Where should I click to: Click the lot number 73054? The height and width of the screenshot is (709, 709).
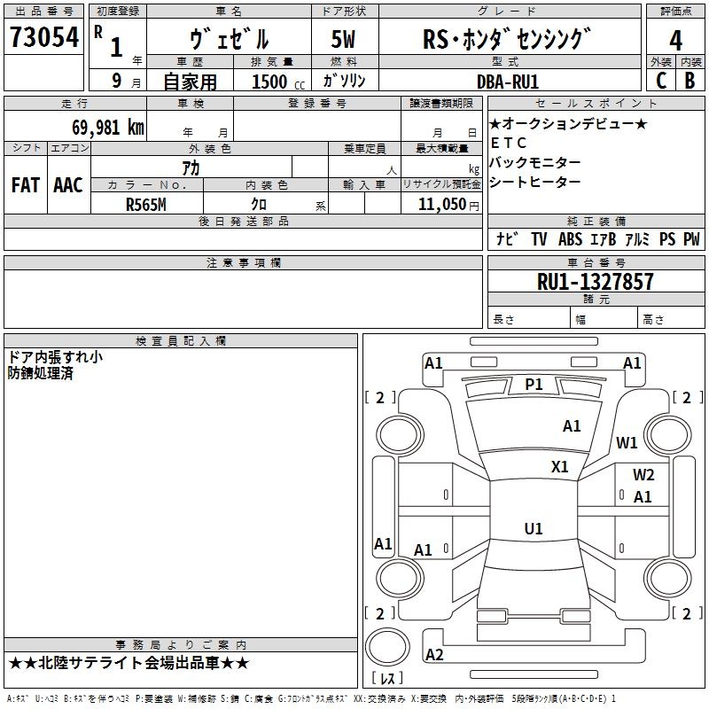click(44, 37)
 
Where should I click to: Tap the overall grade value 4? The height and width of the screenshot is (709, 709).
click(675, 41)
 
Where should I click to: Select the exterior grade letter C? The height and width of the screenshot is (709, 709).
click(661, 81)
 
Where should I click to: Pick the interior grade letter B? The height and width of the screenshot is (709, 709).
click(690, 81)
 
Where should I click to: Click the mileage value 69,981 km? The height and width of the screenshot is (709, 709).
click(108, 128)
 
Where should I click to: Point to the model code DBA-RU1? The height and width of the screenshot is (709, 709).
click(508, 82)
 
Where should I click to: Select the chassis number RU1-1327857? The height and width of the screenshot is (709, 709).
click(595, 282)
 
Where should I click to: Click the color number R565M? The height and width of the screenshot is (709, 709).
click(145, 205)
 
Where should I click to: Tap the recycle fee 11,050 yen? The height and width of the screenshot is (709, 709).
click(448, 205)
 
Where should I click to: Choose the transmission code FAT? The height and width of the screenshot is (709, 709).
click(26, 185)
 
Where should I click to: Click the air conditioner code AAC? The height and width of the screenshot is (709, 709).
click(68, 185)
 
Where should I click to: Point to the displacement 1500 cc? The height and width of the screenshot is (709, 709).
click(278, 82)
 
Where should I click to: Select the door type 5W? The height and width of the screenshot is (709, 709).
click(343, 39)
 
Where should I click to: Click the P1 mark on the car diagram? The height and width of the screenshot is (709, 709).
click(534, 385)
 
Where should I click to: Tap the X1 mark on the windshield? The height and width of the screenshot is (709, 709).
click(559, 467)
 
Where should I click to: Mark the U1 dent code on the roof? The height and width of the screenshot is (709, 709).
click(534, 528)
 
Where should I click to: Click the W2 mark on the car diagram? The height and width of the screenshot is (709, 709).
click(643, 475)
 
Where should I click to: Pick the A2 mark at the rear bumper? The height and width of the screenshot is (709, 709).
click(434, 654)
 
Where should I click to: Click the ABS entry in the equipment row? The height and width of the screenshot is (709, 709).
click(570, 239)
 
